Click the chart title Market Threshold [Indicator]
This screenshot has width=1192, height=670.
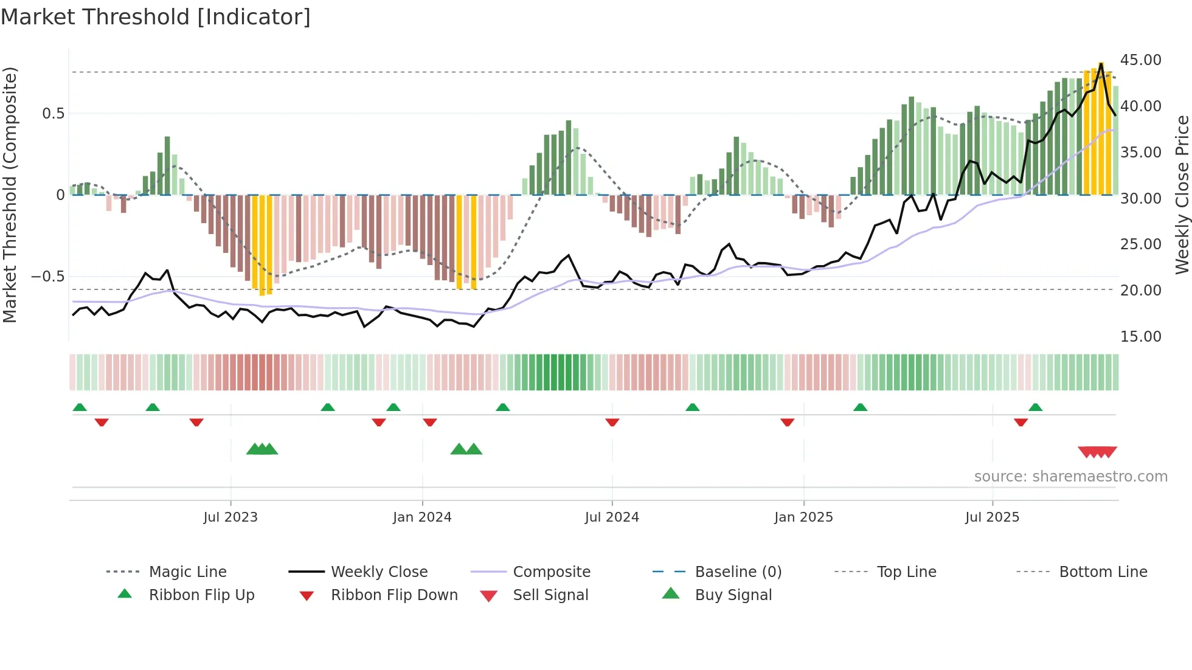pos(156,17)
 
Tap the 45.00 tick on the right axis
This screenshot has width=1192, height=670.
pos(1140,60)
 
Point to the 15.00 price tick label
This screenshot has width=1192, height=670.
pos(1140,336)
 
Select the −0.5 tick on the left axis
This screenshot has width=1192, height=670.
pos(48,277)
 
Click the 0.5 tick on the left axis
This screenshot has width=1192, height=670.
pos(53,114)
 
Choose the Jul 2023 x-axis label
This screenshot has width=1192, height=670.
pos(230,517)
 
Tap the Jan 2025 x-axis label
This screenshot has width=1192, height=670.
pos(803,517)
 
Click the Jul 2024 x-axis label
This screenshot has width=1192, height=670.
pos(612,517)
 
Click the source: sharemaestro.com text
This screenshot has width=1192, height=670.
pos(1070,477)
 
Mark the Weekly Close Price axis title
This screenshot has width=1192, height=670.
pos(1182,195)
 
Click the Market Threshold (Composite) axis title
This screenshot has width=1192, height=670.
pos(10,195)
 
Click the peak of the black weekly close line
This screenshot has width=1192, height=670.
pos(1101,63)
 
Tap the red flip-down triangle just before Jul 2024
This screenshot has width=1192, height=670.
pos(612,422)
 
